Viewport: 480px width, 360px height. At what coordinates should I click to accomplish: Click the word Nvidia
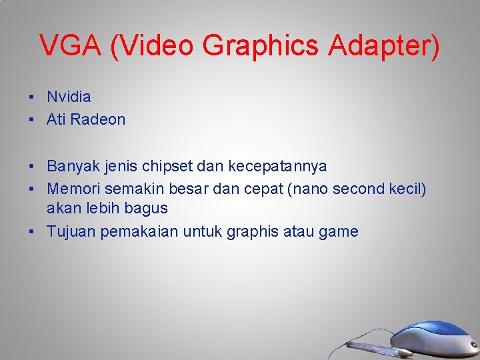[x=69, y=97]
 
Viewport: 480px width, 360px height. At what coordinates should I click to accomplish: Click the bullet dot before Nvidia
[x=32, y=97]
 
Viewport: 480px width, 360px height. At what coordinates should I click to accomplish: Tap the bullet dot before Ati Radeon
[x=32, y=120]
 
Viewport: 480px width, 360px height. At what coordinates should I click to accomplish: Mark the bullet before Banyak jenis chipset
[x=32, y=166]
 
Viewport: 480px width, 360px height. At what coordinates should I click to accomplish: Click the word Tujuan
[x=69, y=231]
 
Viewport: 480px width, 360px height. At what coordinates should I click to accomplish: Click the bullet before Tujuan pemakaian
[x=32, y=232]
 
